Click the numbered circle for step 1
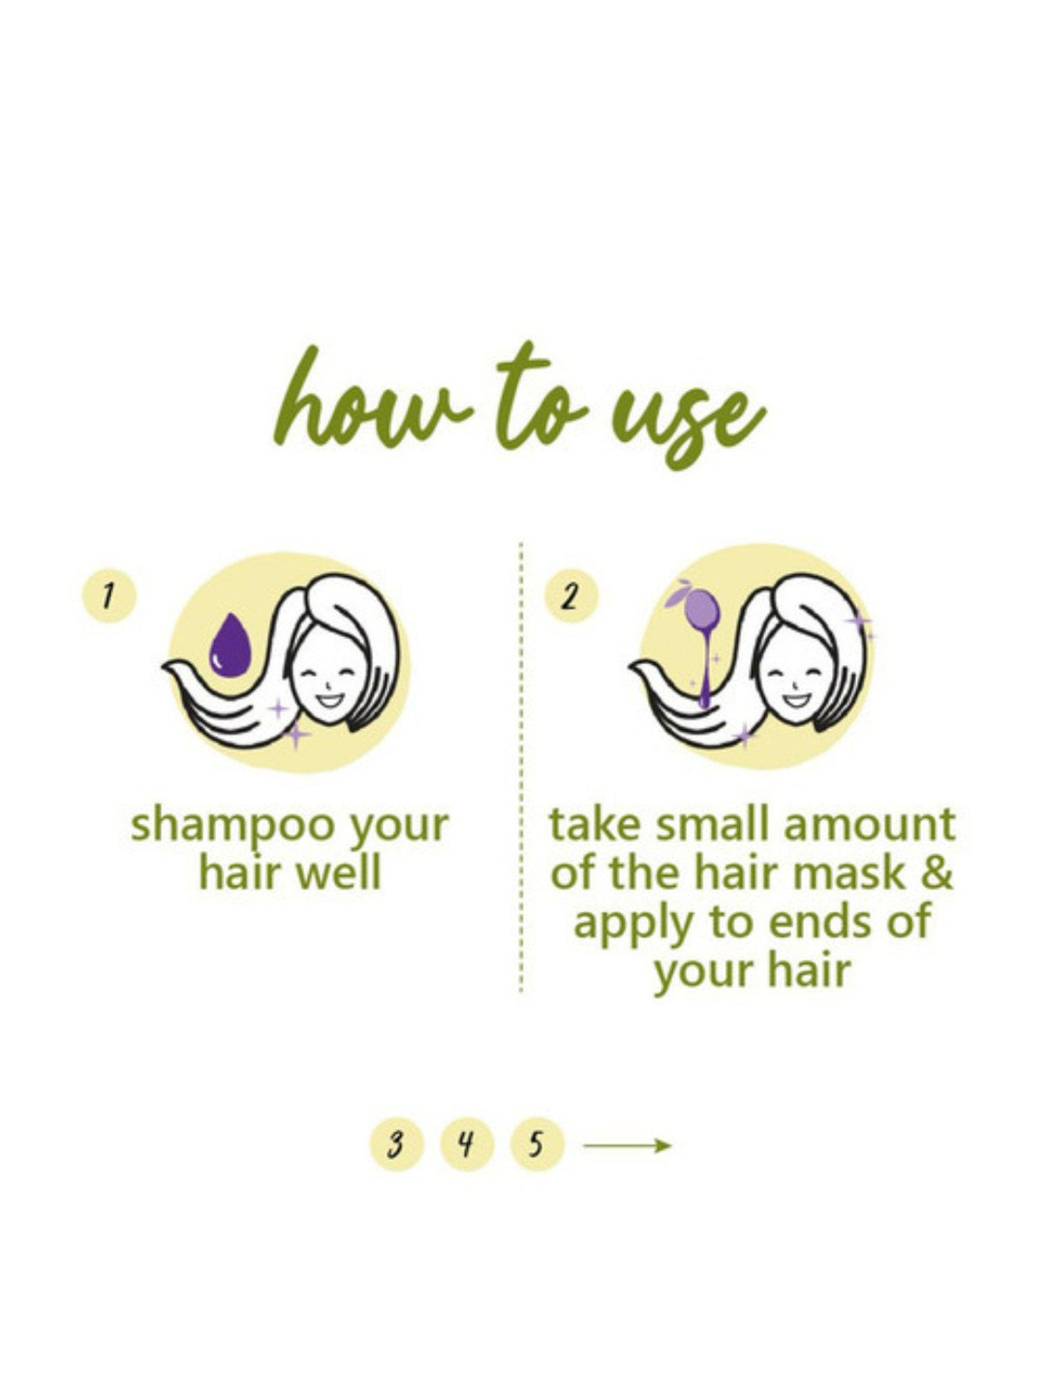pyautogui.click(x=109, y=597)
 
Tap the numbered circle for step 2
pyautogui.click(x=570, y=597)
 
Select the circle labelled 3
pyautogui.click(x=395, y=1144)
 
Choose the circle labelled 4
pyautogui.click(x=467, y=1144)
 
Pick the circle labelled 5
pyautogui.click(x=536, y=1144)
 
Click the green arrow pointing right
pyautogui.click(x=627, y=1145)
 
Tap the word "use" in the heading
pyautogui.click(x=687, y=418)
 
